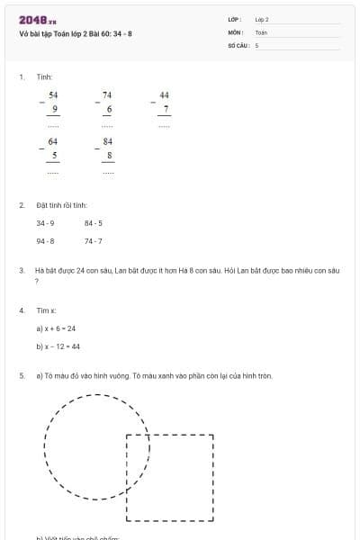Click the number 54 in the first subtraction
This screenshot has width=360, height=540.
(x=53, y=94)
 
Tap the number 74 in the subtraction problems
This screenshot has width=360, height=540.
(x=107, y=94)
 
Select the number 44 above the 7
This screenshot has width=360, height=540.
(x=164, y=94)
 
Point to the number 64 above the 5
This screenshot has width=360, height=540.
(x=53, y=141)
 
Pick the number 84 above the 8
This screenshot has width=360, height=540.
(x=108, y=141)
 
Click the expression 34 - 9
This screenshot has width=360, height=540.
(x=45, y=223)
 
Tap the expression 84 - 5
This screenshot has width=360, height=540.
(x=94, y=223)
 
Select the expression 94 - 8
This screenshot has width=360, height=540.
(x=45, y=241)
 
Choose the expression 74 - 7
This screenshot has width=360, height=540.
(x=94, y=241)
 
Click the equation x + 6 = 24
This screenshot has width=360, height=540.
(x=56, y=328)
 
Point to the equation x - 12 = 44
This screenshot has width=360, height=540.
(x=58, y=346)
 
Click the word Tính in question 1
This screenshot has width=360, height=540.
(x=44, y=77)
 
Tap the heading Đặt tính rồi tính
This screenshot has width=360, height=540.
(x=61, y=206)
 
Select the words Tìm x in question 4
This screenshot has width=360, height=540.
(x=46, y=310)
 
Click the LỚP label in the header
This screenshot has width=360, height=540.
(x=235, y=19)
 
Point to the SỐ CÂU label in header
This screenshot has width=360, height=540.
(x=238, y=44)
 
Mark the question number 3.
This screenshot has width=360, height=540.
(x=21, y=270)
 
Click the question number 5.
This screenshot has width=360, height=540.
(x=21, y=375)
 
